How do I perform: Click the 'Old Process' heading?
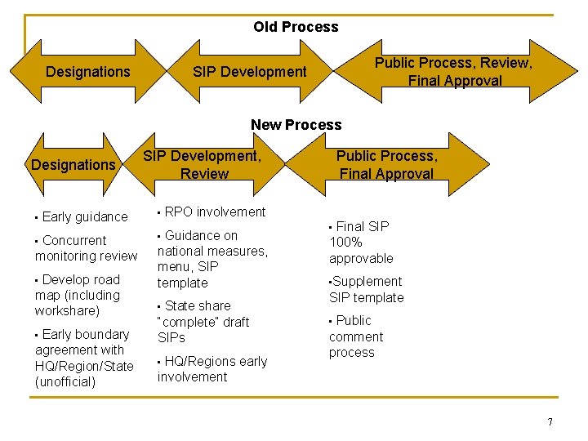296,27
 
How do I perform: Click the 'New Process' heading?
296,125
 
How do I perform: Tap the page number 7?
550,422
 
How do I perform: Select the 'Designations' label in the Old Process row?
87,72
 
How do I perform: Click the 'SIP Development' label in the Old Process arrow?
249,72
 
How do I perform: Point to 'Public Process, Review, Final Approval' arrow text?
454,72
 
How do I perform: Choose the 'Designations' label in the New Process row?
73,165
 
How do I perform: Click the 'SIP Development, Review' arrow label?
203,164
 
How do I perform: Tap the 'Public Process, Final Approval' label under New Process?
386,164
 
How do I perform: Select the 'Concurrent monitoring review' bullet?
86,248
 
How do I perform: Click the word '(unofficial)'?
65,381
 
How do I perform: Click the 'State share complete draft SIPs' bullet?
203,322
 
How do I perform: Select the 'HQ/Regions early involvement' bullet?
212,369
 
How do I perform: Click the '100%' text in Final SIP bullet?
345,243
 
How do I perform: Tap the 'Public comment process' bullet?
355,336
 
